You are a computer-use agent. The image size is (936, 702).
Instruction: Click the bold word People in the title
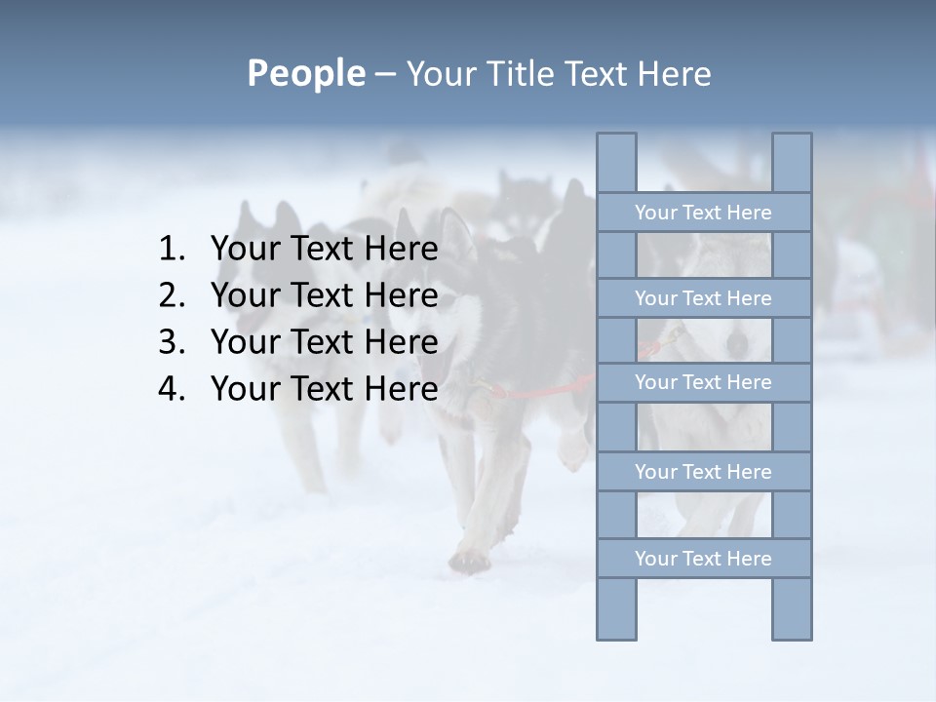pyautogui.click(x=304, y=73)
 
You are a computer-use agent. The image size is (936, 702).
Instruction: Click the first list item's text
pyautogui.click(x=324, y=250)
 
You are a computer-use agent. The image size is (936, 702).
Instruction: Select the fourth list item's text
pyautogui.click(x=324, y=389)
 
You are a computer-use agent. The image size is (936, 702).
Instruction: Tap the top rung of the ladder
pyautogui.click(x=703, y=213)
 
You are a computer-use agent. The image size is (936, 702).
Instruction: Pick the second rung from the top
pyautogui.click(x=703, y=298)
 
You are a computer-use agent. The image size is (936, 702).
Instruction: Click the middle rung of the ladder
pyautogui.click(x=703, y=382)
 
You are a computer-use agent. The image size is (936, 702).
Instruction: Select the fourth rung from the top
pyautogui.click(x=703, y=472)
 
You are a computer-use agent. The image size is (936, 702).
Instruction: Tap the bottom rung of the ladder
pyautogui.click(x=703, y=559)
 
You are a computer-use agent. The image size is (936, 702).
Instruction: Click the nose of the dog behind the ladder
pyautogui.click(x=739, y=343)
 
